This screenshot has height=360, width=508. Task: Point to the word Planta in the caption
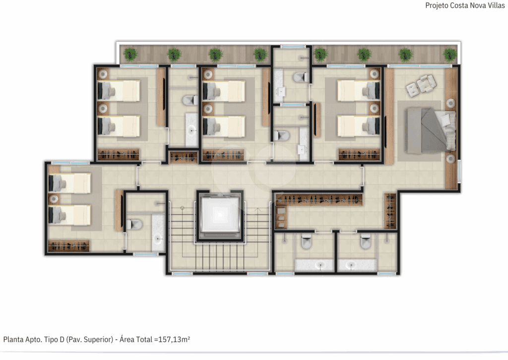(x=12, y=340)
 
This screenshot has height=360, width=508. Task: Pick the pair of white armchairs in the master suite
(x=421, y=85)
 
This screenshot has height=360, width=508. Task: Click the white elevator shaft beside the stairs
(x=220, y=215)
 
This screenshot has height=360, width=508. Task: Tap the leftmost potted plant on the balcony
(x=130, y=54)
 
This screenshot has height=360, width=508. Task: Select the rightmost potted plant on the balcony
(x=449, y=54)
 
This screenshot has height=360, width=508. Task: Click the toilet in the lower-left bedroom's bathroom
(x=134, y=224)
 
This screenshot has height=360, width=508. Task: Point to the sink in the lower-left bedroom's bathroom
(x=158, y=239)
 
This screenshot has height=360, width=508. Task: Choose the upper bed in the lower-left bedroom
(x=69, y=183)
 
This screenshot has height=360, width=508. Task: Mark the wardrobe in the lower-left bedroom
(x=68, y=246)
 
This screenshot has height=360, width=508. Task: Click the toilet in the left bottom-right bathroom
(x=306, y=241)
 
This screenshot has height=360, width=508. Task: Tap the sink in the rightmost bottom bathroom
(x=352, y=265)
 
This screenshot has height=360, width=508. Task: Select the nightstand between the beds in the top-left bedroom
(x=103, y=109)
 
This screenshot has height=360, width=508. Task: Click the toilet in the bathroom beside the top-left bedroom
(x=190, y=100)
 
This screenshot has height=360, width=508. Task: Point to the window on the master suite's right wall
(x=459, y=171)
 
